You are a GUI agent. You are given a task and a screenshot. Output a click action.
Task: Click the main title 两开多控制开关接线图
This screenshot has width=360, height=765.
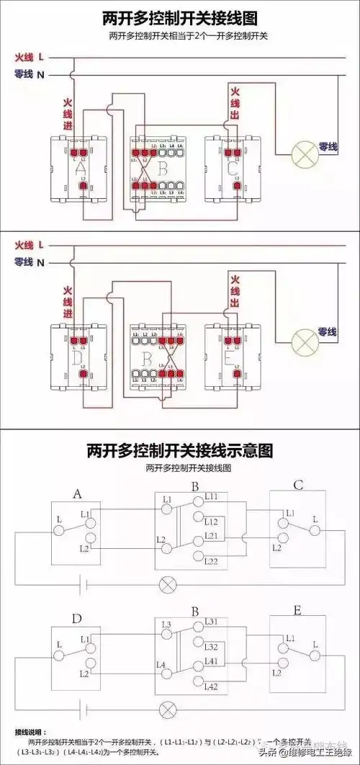tap(179, 17)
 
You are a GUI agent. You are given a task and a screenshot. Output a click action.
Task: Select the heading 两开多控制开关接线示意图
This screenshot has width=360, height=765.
tap(179, 451)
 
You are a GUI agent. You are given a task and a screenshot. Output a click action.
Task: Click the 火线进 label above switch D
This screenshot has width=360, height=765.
tap(68, 303)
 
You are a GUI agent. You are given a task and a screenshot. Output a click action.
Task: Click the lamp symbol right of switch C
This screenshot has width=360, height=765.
tap(303, 155)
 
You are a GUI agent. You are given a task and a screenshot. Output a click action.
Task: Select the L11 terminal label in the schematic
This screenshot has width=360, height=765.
tap(212, 497)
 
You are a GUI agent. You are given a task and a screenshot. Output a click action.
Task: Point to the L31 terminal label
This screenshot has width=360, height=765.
tap(212, 622)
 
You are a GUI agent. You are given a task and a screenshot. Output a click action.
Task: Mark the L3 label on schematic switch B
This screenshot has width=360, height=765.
tap(167, 624)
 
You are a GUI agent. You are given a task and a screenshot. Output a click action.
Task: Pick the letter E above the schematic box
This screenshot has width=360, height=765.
tap(297, 610)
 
